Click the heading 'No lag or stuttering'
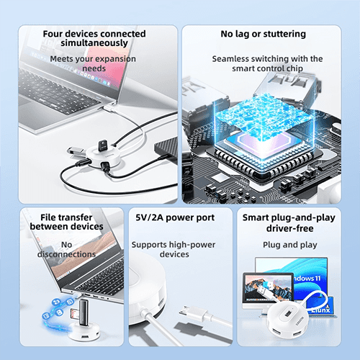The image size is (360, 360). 264,34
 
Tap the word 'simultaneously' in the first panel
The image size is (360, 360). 94,43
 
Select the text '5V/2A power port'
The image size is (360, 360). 175,217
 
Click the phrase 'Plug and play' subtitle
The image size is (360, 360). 290,245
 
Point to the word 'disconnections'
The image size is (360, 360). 66,254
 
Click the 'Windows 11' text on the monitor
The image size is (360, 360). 307,279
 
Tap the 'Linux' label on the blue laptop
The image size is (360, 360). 321,310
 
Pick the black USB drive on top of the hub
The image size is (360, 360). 103,145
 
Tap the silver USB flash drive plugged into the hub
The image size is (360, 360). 75,151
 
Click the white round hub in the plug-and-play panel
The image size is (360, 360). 287,318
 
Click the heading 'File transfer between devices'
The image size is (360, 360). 66,222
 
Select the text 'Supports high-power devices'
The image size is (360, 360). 174,249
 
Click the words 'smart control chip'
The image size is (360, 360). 267,68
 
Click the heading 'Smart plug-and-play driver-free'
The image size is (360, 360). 289,223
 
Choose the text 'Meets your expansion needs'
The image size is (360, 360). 93,63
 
